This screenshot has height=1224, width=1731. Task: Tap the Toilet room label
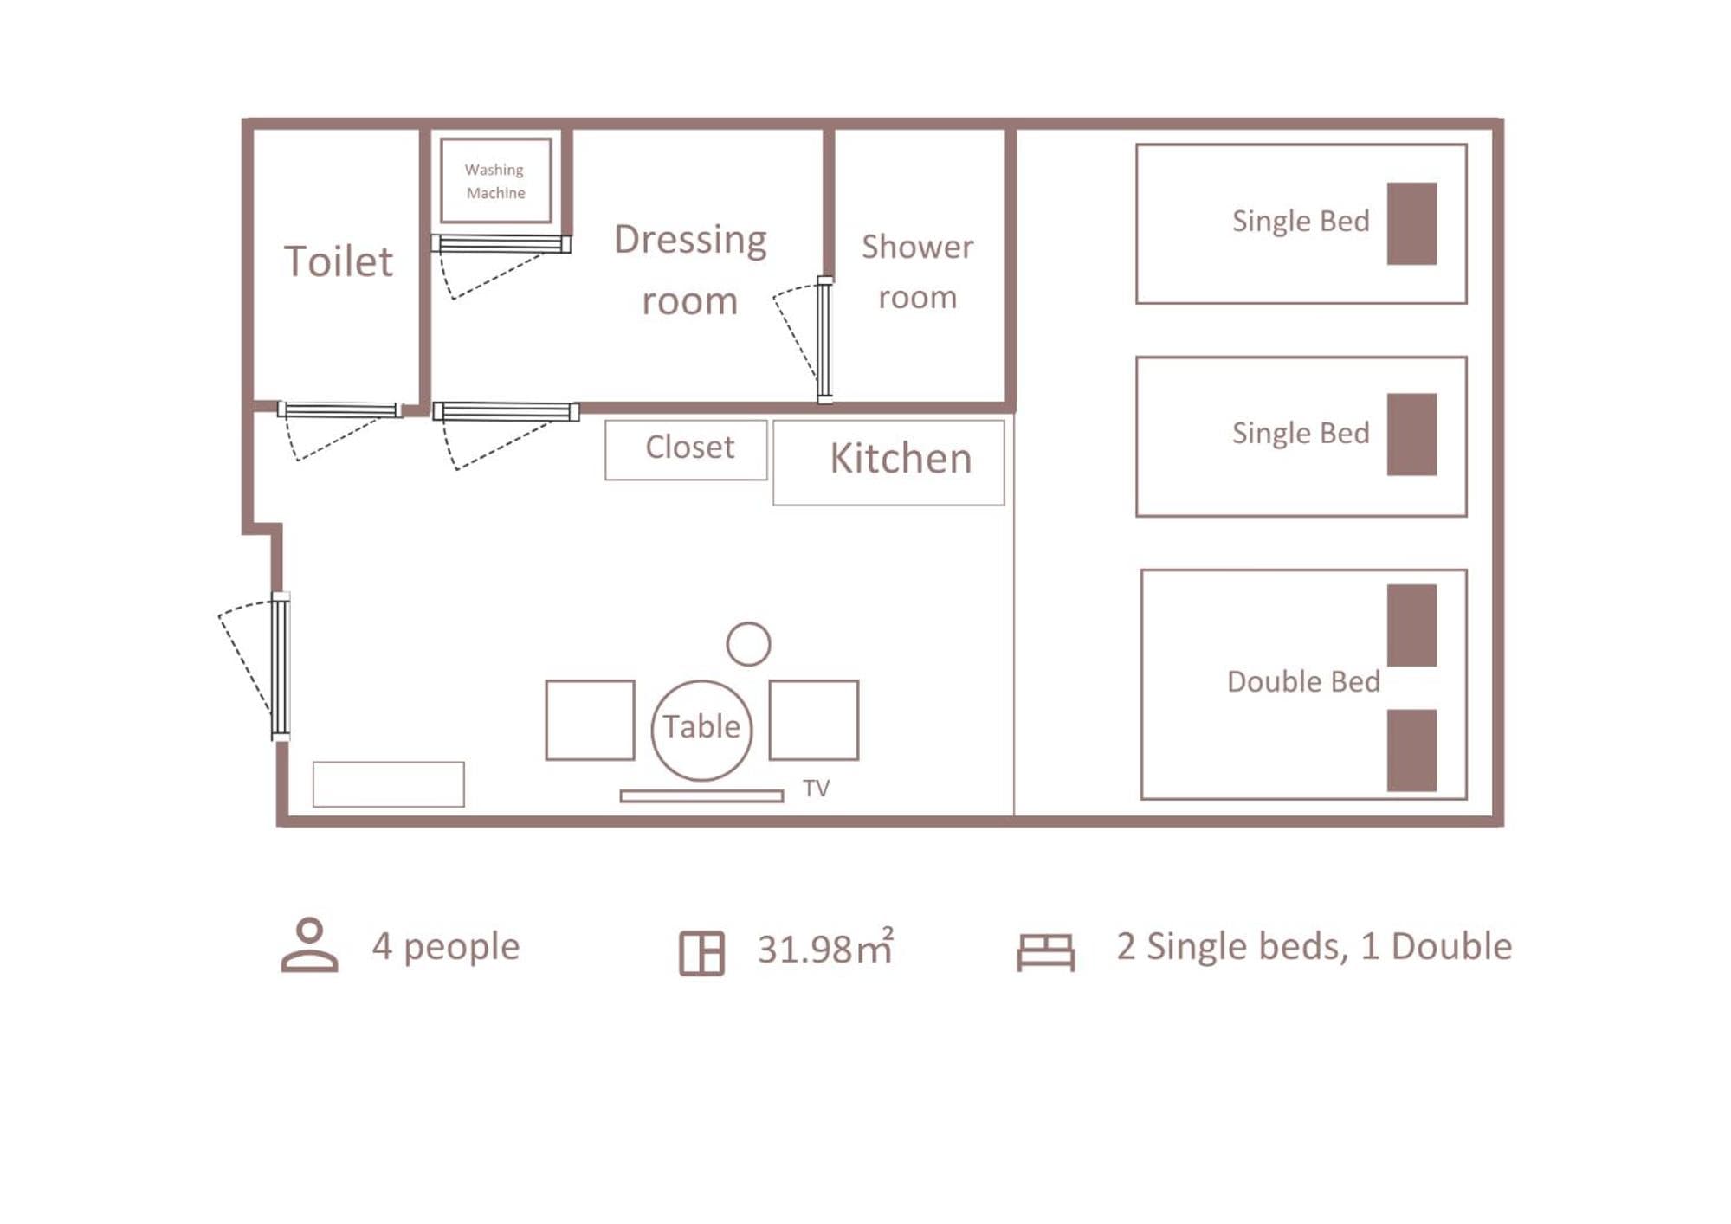339,261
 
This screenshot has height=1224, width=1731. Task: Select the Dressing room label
690,269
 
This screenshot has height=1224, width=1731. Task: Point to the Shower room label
917,271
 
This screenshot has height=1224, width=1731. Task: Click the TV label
816,788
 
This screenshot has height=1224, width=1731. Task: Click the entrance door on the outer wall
280,667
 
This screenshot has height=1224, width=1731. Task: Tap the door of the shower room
824,340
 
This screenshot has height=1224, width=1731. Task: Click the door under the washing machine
501,244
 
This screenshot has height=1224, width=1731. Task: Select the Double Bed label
1303,681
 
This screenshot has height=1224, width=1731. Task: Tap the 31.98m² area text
825,947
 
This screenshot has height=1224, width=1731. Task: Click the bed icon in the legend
1045,952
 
